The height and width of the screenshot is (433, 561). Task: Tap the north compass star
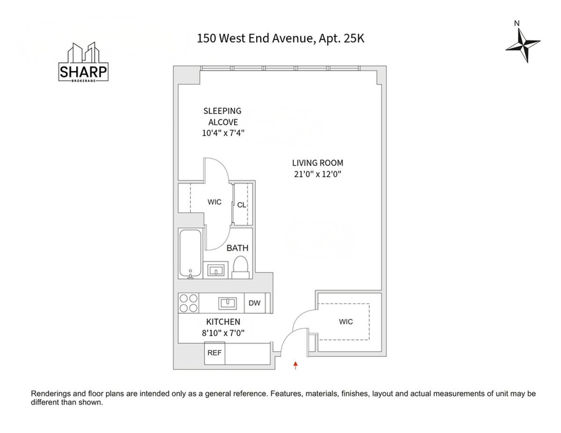[x=523, y=45]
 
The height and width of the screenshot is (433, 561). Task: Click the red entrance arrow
[x=295, y=365]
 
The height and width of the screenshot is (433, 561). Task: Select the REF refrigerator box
[x=215, y=353]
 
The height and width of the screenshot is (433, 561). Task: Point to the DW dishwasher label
[x=254, y=303]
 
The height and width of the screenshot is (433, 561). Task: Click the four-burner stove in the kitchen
[x=188, y=303]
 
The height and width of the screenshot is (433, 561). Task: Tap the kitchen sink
[x=227, y=303]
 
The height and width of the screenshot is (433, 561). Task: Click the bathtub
[x=190, y=253]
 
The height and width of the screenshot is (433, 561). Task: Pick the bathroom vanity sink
[x=216, y=270]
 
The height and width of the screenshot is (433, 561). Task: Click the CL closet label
[x=241, y=205]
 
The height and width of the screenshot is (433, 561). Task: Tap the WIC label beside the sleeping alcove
[x=214, y=202]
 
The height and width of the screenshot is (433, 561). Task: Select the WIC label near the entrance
[x=346, y=322]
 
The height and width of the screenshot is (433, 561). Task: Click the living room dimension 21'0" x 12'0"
[x=317, y=175]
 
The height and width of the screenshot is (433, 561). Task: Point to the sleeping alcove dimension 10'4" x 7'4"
[x=222, y=133]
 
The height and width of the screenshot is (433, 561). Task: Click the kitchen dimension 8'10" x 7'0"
[x=223, y=333]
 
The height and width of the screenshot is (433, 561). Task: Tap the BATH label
[x=237, y=248]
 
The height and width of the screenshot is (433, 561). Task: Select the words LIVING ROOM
[x=317, y=163]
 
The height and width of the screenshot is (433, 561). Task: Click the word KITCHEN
[x=223, y=322]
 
